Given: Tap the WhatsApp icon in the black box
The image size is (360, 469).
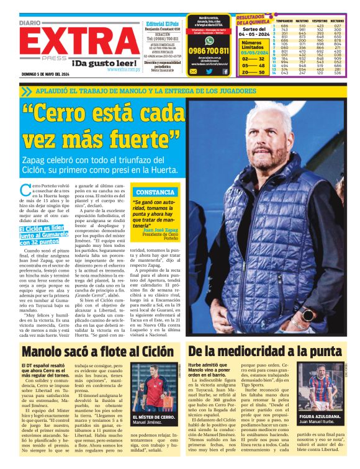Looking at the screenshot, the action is [x=209, y=39].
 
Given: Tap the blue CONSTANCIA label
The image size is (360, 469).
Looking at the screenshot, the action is [x=155, y=192].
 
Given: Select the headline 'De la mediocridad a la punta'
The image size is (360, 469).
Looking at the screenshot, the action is [x=266, y=351].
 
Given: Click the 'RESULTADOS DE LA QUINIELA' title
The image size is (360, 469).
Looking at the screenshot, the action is [x=254, y=20].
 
